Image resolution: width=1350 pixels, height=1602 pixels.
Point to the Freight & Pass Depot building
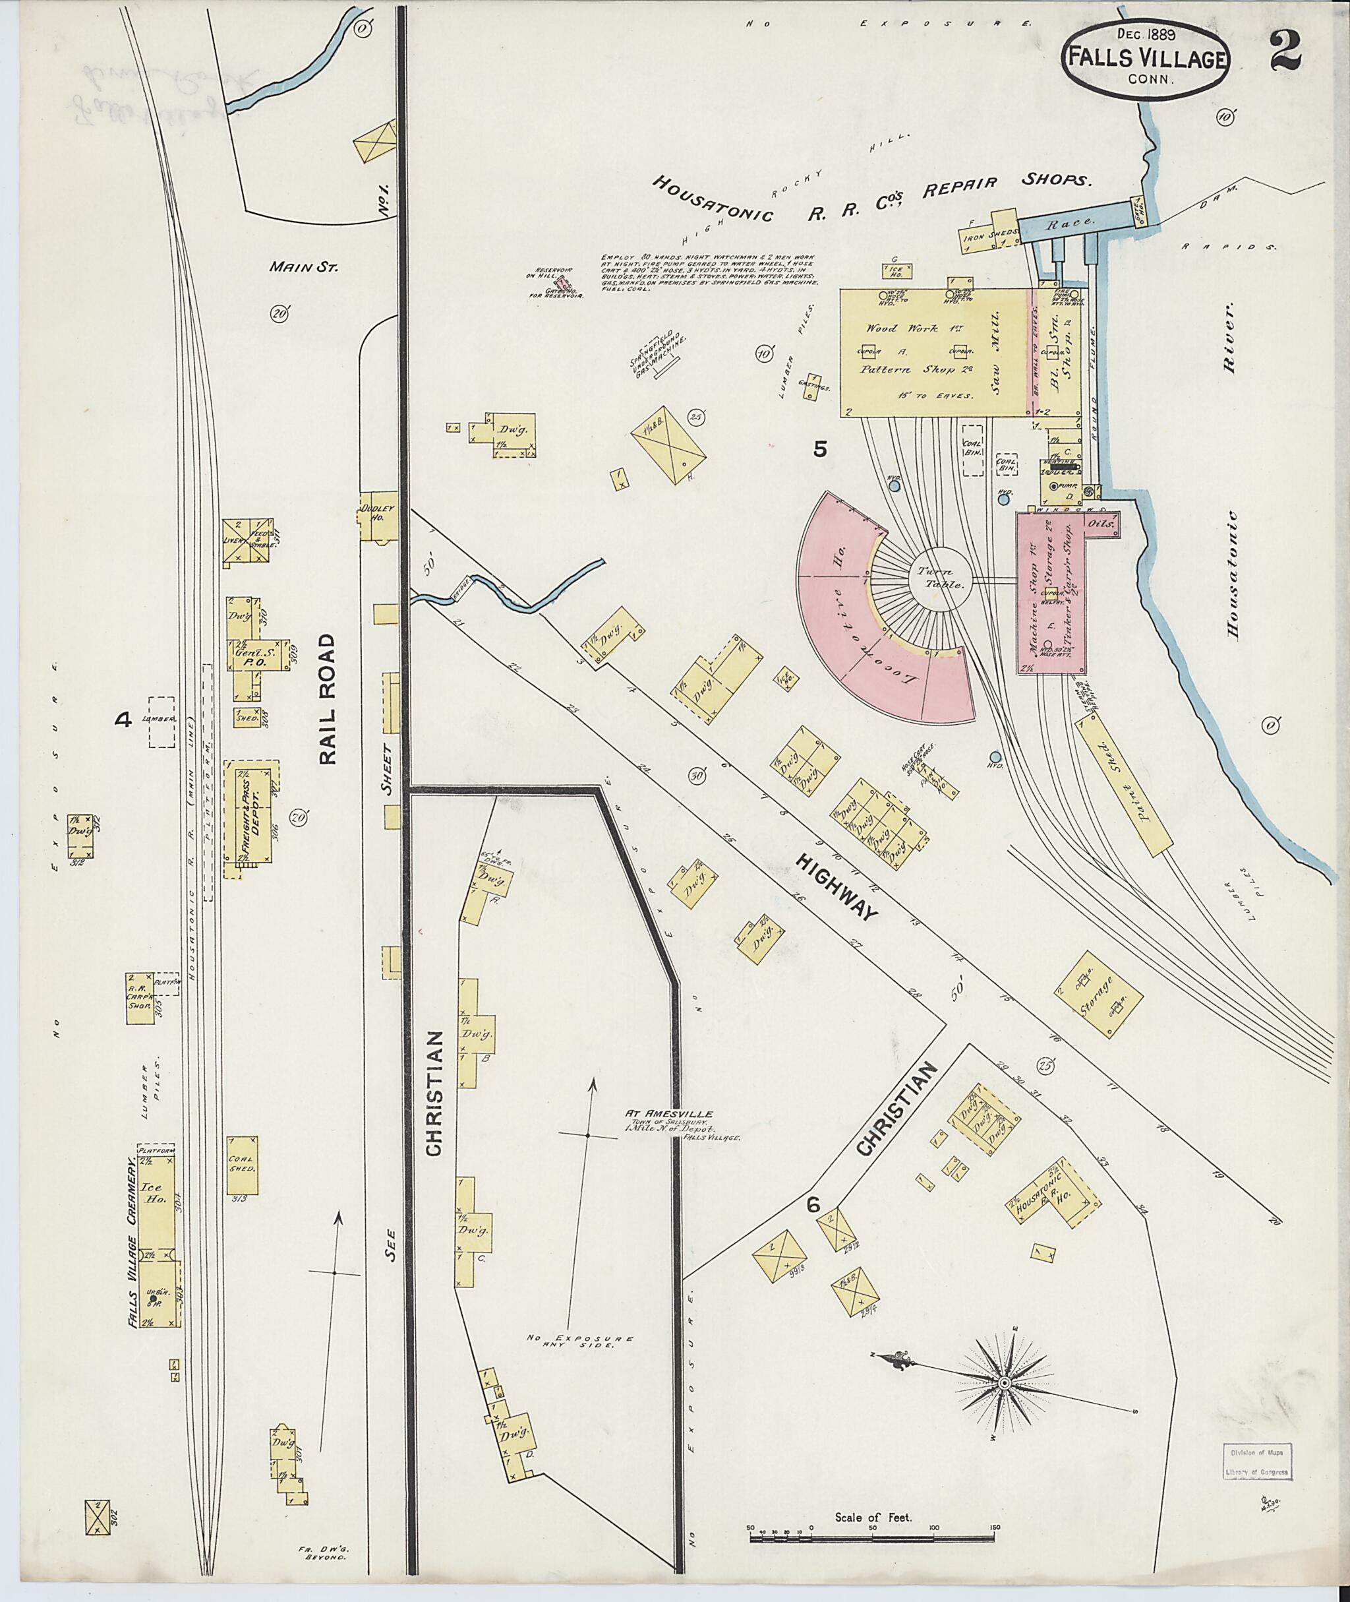252,818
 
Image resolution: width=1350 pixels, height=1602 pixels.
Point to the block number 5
819,450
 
